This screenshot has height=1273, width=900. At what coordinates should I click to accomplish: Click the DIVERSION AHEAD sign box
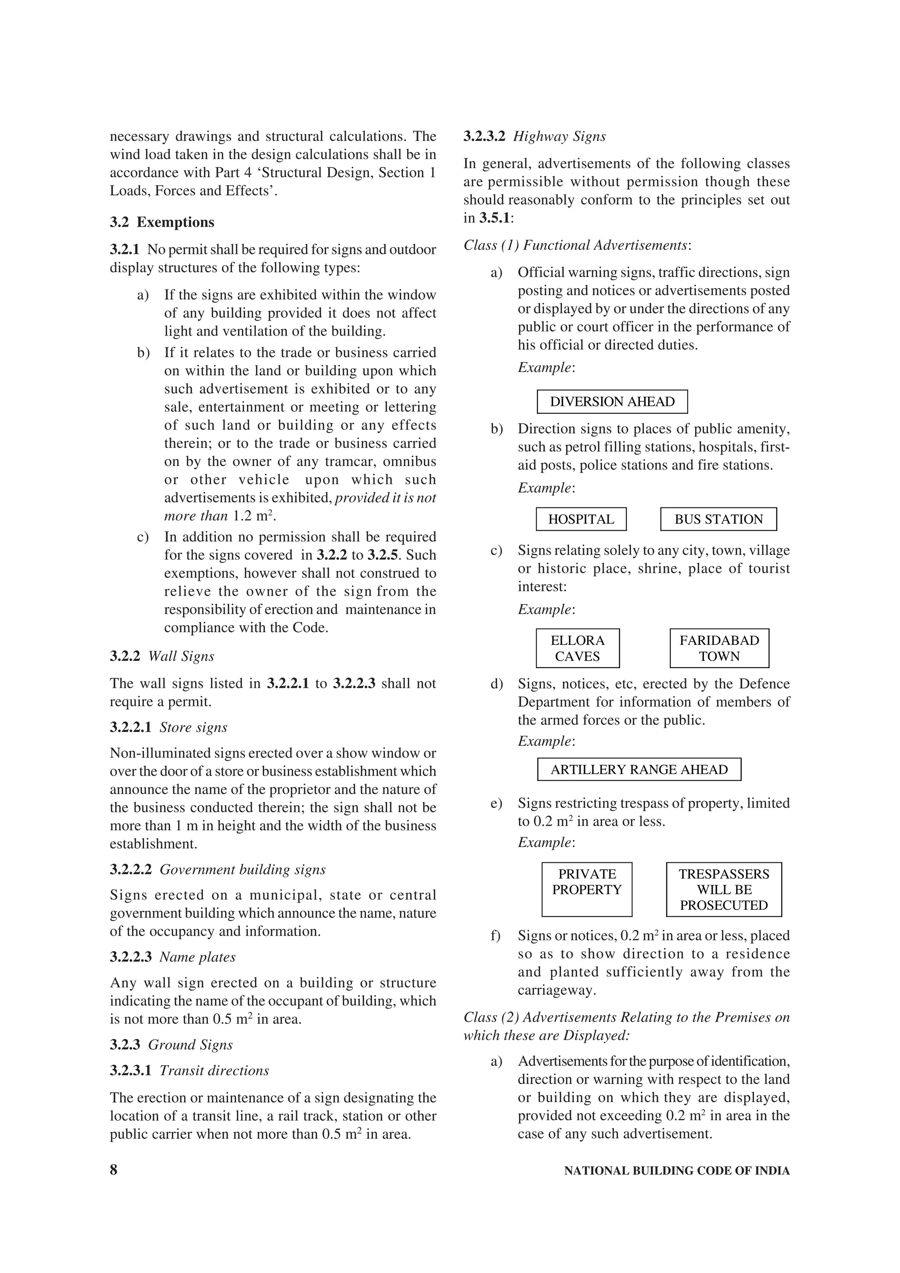tap(612, 401)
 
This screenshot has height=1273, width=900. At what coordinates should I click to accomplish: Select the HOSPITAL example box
tap(581, 519)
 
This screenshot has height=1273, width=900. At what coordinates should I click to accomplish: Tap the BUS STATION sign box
tap(718, 519)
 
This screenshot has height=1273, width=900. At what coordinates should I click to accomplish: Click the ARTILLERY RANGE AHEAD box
tap(639, 769)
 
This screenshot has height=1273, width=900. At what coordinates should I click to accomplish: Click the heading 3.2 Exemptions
tap(162, 222)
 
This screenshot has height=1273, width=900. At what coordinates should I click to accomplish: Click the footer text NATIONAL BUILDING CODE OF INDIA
tap(676, 1170)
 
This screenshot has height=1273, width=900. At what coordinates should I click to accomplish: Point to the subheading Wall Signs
tap(181, 656)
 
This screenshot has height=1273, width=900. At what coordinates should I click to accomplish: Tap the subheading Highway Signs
tap(559, 136)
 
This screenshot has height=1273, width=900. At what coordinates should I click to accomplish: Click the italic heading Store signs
tap(193, 727)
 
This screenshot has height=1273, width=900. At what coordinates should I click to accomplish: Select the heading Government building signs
tap(242, 869)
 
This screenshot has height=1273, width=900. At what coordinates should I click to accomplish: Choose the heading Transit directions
tap(214, 1070)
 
